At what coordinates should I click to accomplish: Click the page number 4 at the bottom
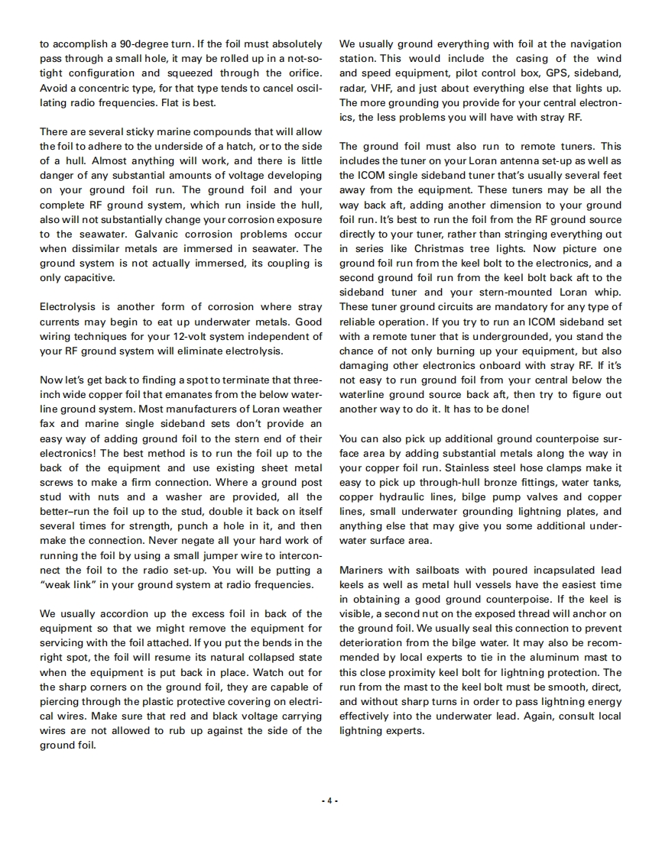point(330,800)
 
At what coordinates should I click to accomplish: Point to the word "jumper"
point(205,555)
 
